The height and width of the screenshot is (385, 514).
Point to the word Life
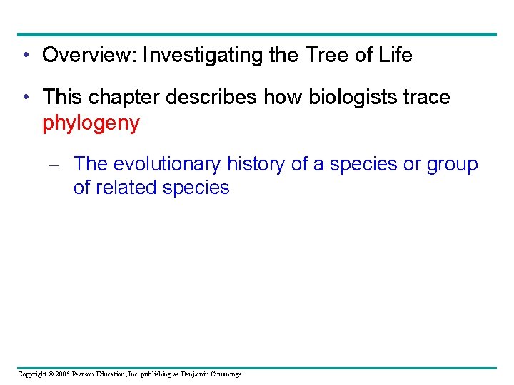coord(395,55)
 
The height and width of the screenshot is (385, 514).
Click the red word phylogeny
coord(91,123)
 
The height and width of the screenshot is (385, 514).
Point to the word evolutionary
coord(167,164)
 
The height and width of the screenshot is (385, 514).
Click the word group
coord(452,164)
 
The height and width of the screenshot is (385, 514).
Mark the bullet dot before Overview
coord(26,56)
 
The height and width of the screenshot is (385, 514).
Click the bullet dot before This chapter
coord(26,98)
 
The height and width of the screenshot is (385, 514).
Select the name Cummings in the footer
coord(223,374)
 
